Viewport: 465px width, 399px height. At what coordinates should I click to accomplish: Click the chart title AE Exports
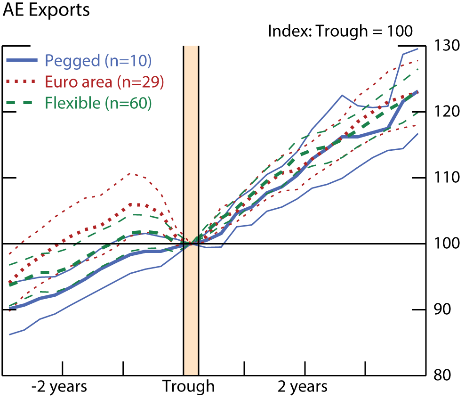[46, 10]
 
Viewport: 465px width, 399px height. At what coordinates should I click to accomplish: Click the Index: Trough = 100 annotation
[340, 32]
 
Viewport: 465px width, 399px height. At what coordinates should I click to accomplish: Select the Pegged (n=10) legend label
[98, 60]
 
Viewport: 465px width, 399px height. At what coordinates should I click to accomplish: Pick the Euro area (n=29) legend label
[104, 81]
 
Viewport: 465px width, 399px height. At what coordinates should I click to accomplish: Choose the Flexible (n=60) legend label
[98, 103]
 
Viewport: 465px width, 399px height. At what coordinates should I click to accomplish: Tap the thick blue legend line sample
[22, 60]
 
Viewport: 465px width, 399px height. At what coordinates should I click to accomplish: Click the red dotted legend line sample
[22, 81]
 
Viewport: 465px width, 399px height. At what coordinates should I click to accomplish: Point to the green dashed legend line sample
[22, 103]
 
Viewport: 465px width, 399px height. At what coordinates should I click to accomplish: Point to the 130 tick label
[446, 46]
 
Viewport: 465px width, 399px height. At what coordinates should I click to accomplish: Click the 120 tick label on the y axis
[446, 112]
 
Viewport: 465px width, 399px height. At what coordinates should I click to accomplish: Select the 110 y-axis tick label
[446, 178]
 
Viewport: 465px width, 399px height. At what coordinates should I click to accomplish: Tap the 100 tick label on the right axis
[446, 244]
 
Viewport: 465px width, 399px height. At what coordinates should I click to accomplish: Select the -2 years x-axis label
[59, 387]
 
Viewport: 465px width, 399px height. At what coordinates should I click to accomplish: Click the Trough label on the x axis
[189, 387]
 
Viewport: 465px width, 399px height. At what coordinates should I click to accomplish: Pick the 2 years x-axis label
[302, 387]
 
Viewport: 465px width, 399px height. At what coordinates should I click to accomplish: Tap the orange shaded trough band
[191, 141]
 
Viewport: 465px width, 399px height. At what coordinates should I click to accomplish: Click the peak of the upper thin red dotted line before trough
[131, 173]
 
